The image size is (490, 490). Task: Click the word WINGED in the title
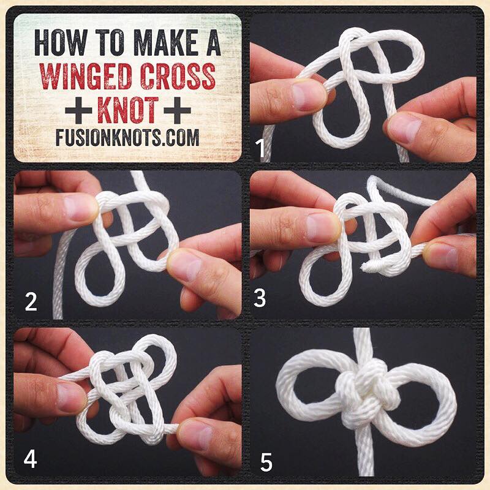pyautogui.click(x=85, y=76)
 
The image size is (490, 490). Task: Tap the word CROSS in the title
pyautogui.click(x=178, y=76)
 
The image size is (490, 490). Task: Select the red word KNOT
pyautogui.click(x=128, y=110)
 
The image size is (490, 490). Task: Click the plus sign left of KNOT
pyautogui.click(x=78, y=110)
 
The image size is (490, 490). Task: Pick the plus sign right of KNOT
pyautogui.click(x=177, y=110)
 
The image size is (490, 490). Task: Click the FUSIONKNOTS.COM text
pyautogui.click(x=127, y=137)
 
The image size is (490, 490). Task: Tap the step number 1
pyautogui.click(x=260, y=148)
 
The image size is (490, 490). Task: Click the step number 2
pyautogui.click(x=31, y=301)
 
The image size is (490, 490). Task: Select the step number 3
pyautogui.click(x=260, y=298)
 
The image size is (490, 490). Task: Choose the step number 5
pyautogui.click(x=266, y=462)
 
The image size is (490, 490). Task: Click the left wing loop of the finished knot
pyautogui.click(x=309, y=388)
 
